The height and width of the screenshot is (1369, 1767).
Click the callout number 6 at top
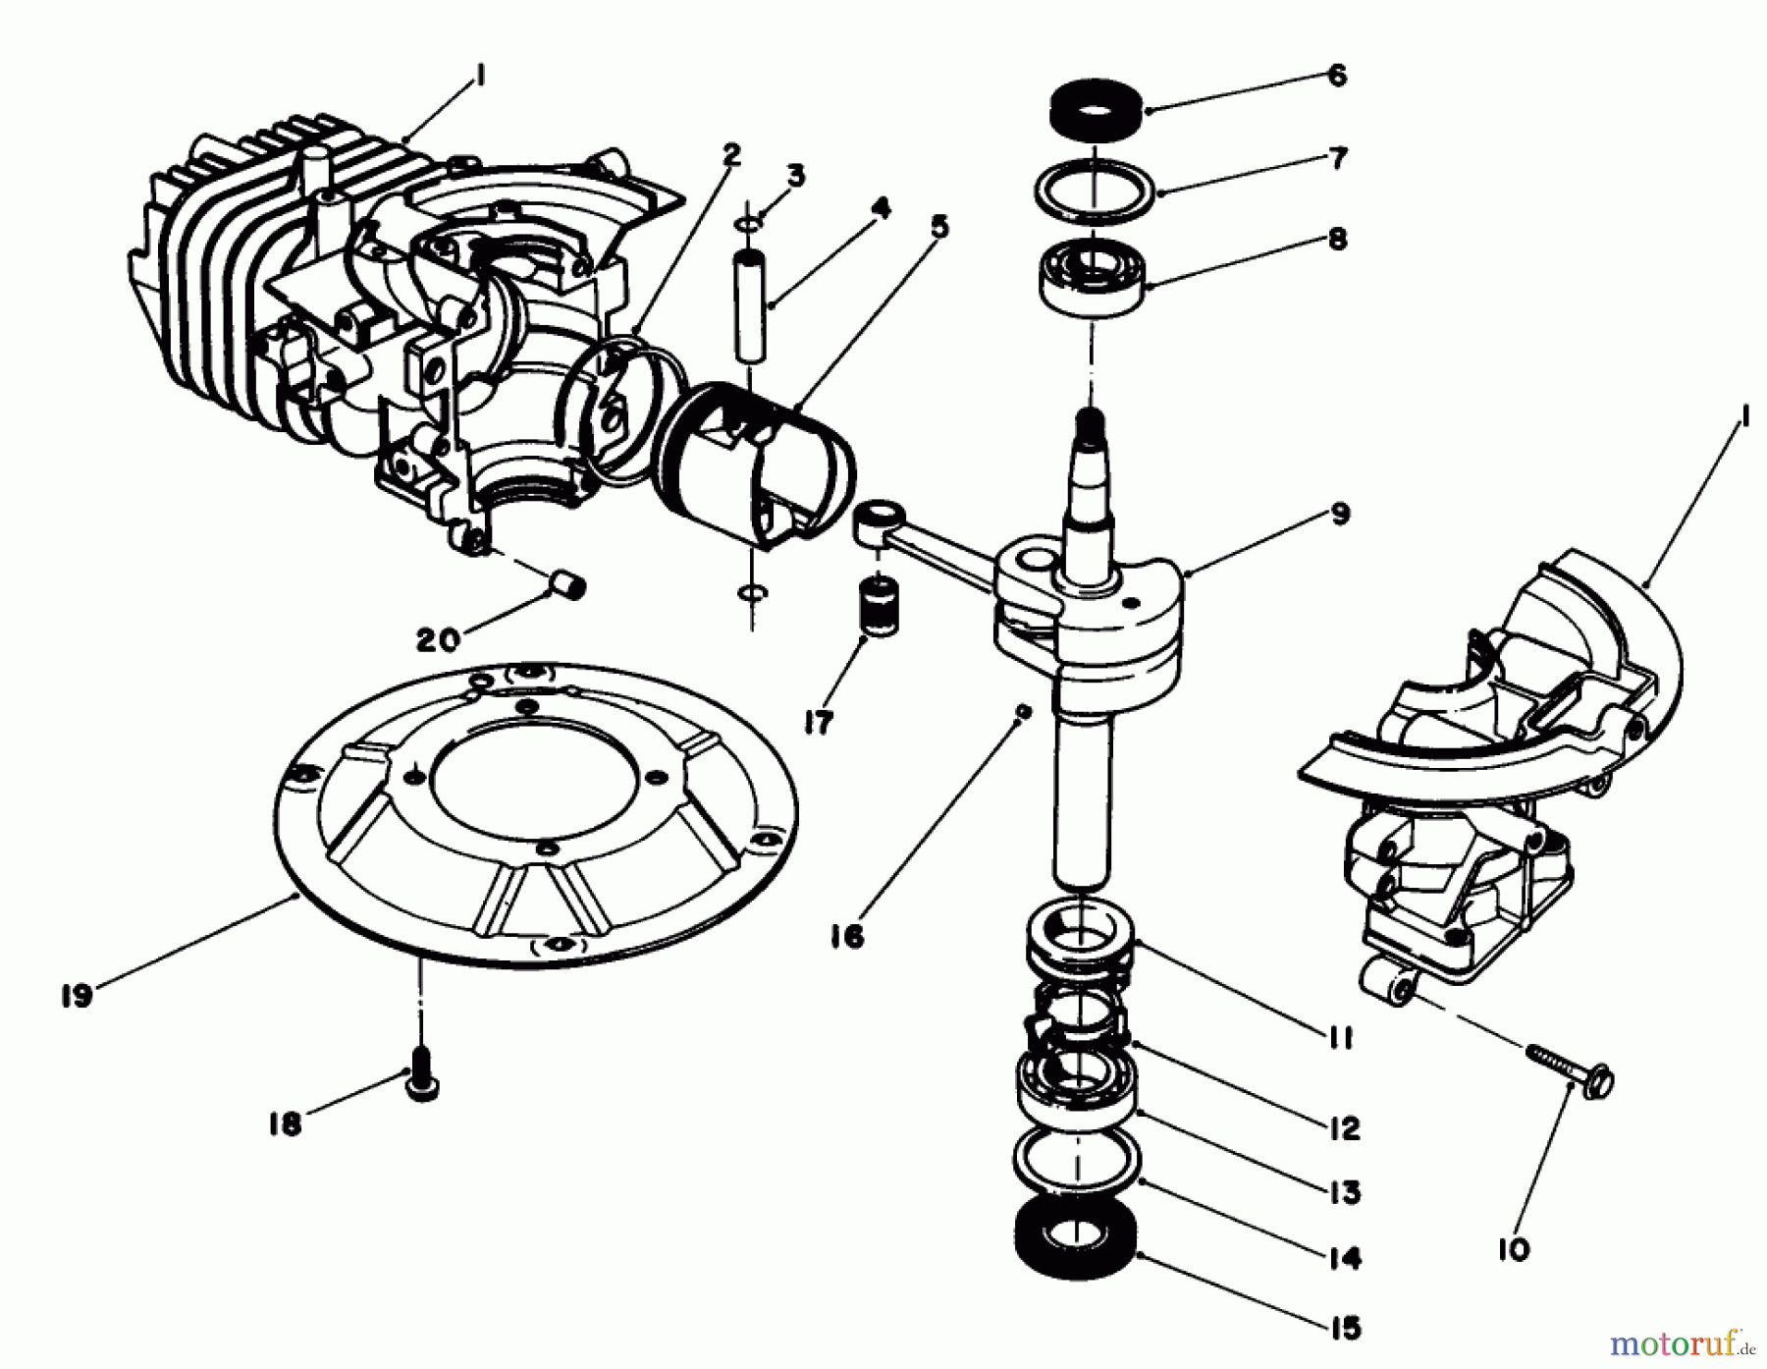[x=1336, y=76]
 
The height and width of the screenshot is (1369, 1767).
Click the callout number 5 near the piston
[x=938, y=228]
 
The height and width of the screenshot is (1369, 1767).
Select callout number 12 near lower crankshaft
[x=1344, y=1128]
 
